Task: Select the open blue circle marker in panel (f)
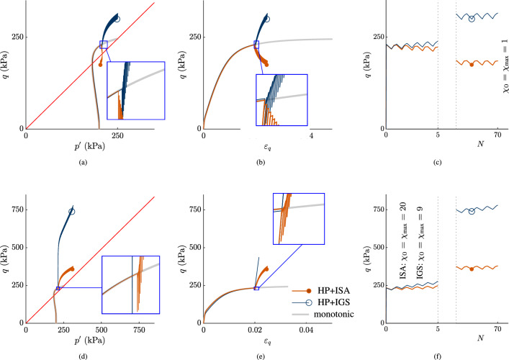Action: coord(472,212)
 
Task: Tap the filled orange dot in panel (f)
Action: coord(472,269)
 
